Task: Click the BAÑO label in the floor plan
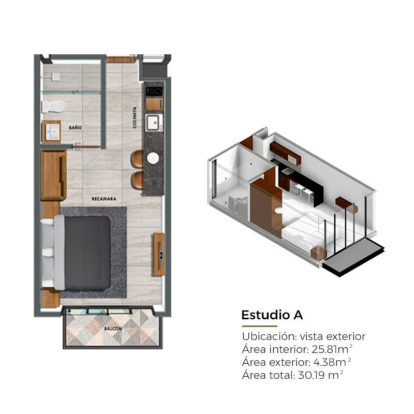pyautogui.click(x=75, y=128)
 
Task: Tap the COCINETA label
pyautogui.click(x=135, y=117)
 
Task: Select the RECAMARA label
pyautogui.click(x=104, y=199)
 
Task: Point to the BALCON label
pyautogui.click(x=113, y=329)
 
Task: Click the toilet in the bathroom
pyautogui.click(x=54, y=107)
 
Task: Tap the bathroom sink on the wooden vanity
pyautogui.click(x=53, y=132)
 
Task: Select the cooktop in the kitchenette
pyautogui.click(x=154, y=92)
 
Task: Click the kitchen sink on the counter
pyautogui.click(x=153, y=123)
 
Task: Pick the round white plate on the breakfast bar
pyautogui.click(x=153, y=158)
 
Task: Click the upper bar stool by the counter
pyautogui.click(x=137, y=159)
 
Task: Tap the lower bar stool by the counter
pyautogui.click(x=137, y=180)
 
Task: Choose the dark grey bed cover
pyautogui.click(x=87, y=254)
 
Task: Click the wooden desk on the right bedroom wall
pyautogui.click(x=159, y=255)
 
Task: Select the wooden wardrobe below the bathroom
pyautogui.click(x=54, y=175)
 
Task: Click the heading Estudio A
pyautogui.click(x=272, y=315)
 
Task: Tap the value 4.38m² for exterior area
pyautogui.click(x=332, y=362)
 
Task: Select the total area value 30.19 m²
pyautogui.click(x=320, y=375)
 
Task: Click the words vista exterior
pyautogui.click(x=333, y=336)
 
